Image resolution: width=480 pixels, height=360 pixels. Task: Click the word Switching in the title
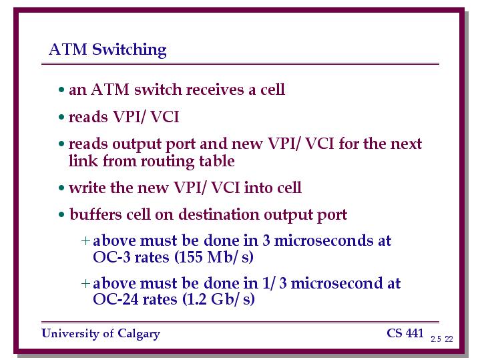pos(130,49)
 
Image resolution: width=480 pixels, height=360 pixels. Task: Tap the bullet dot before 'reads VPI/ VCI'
pos(61,117)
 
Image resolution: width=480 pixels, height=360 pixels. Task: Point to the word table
pos(217,161)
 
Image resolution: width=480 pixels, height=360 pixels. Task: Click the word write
pos(87,188)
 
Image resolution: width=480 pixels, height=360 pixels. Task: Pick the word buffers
pos(95,214)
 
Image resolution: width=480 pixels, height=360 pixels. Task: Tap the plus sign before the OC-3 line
pos(85,241)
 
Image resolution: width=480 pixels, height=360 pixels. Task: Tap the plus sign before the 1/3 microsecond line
pos(85,283)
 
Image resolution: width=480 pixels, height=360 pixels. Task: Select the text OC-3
pos(111,256)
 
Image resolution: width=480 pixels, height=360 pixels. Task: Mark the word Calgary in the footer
pos(139,334)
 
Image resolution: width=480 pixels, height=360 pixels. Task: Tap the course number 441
pos(415,333)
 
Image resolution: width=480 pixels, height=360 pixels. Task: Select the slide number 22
pos(449,339)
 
